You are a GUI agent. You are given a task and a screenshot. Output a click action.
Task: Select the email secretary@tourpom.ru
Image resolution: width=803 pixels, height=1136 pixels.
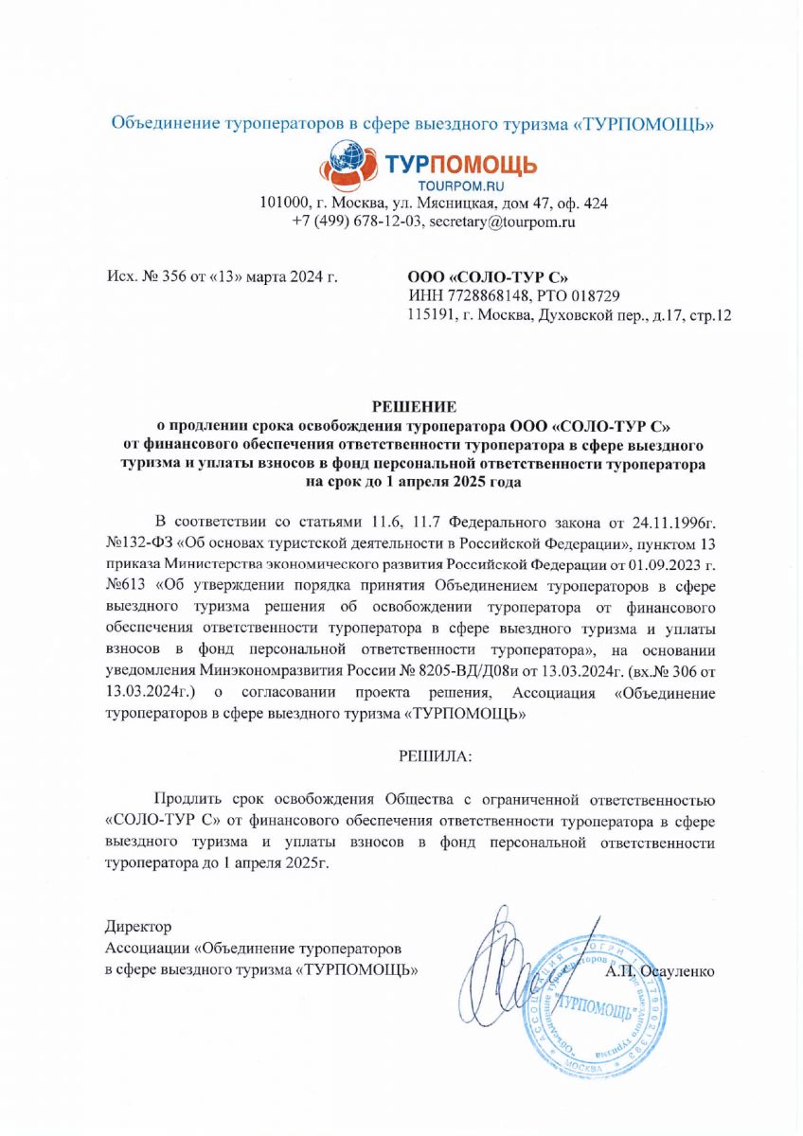(x=503, y=222)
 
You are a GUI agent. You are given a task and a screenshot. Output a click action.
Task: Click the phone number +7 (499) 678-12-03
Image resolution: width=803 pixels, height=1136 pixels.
(x=356, y=222)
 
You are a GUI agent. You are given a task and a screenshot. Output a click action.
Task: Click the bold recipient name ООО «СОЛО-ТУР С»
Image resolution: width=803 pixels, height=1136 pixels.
(x=488, y=278)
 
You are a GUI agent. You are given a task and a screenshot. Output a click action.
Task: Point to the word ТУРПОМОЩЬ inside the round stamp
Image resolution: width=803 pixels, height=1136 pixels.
(x=597, y=1007)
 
